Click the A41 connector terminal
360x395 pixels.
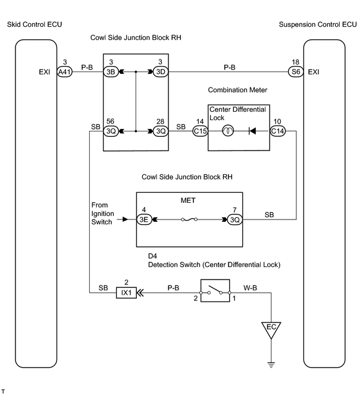coord(65,72)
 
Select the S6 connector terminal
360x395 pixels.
coord(296,72)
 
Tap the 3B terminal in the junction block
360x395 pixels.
coord(111,72)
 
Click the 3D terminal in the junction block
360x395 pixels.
coord(161,72)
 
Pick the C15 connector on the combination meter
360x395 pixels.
coord(201,131)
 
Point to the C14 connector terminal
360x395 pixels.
coord(278,131)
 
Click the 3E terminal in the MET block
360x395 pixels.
coord(144,220)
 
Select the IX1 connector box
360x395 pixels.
coord(126,293)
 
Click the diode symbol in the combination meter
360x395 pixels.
coord(252,131)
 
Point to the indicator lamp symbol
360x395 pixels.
coord(228,131)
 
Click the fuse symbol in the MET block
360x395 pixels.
coord(189,220)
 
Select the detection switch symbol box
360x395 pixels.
coord(215,291)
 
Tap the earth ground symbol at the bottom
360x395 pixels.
coord(271,365)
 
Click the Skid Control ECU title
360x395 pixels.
coord(35,24)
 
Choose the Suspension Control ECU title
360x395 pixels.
coord(318,24)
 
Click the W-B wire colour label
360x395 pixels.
coord(250,288)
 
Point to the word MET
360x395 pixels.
coord(188,200)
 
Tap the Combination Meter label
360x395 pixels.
coord(237,90)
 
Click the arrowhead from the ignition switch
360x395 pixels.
coord(125,220)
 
